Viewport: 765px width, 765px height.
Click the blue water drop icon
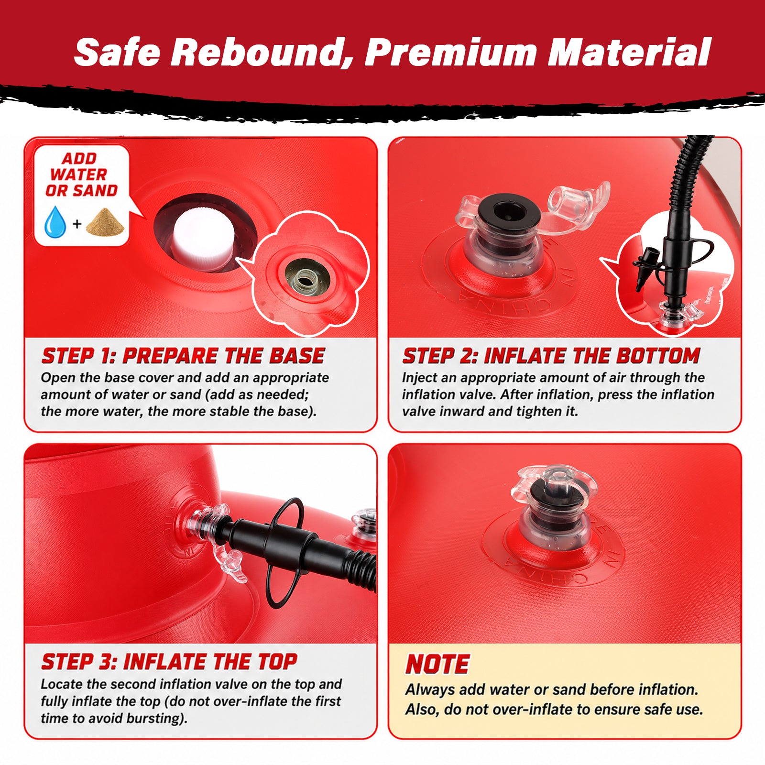pos(55,222)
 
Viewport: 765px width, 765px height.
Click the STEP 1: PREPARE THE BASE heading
pos(183,356)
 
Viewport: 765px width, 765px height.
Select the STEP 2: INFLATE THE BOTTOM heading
pos(551,356)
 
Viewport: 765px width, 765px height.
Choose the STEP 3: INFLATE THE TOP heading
pos(169,662)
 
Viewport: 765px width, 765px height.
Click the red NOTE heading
pos(437,664)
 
